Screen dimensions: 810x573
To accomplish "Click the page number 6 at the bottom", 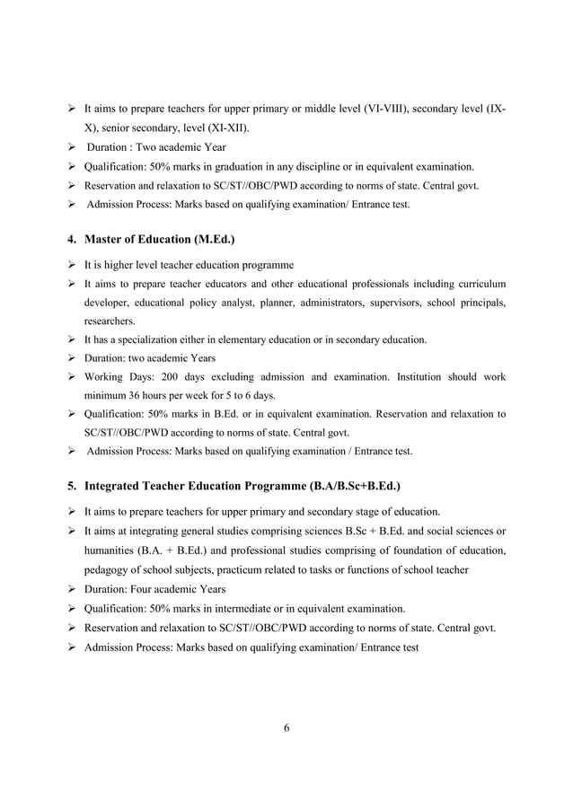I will click(286, 727).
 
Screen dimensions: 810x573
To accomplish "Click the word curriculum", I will click(478, 284).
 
